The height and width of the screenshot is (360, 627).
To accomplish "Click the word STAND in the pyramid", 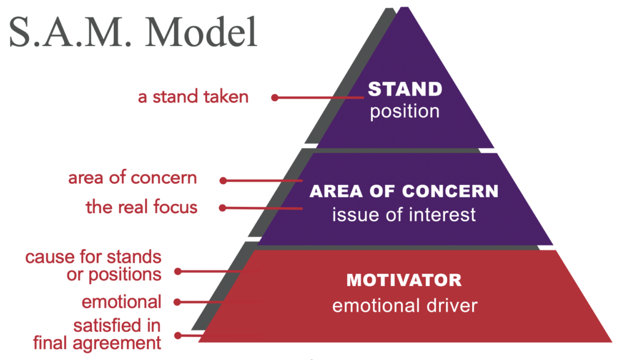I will coord(405,89).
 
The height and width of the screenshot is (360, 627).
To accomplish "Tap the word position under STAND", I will coord(405,112).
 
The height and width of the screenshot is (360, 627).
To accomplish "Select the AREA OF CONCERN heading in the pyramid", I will coord(404,191).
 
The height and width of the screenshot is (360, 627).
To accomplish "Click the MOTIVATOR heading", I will coord(404,280).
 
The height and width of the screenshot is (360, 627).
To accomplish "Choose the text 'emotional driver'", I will coord(404,304).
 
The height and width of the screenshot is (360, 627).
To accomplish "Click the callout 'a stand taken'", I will coord(193,97).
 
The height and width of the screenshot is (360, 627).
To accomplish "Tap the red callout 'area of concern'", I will coord(132,178).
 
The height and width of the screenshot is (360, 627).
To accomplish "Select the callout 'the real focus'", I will coord(141,207).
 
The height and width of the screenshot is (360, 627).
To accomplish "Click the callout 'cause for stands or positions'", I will coord(93,265).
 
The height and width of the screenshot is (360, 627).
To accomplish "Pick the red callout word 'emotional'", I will coord(121,301).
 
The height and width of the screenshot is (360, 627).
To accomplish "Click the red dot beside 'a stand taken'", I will coord(275,97).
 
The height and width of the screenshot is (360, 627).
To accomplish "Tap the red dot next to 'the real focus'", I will coord(223,208).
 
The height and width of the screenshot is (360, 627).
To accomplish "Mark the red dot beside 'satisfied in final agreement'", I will coord(178,335).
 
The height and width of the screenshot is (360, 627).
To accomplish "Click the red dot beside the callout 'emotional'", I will coord(178,302).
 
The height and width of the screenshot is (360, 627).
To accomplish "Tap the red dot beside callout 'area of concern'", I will coord(223,181).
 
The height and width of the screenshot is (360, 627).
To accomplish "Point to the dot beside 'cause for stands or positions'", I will coord(178,270).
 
